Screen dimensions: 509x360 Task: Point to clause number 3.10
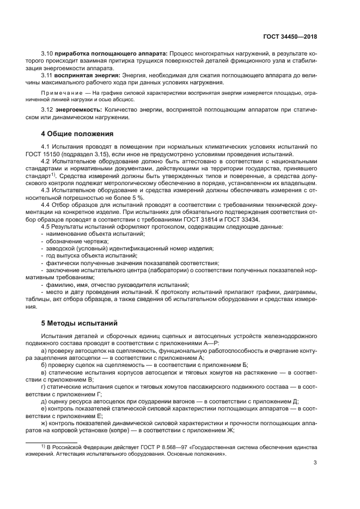[47, 54]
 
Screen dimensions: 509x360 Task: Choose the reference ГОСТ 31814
[214, 232]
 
